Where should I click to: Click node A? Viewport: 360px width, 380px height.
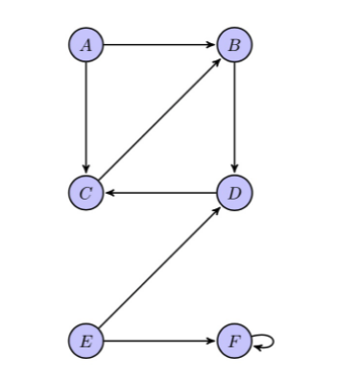tap(86, 44)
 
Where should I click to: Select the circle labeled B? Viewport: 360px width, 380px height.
tap(235, 44)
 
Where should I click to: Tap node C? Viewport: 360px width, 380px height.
tap(86, 192)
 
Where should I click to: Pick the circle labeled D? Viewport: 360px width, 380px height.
tap(235, 192)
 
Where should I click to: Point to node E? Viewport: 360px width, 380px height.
tap(86, 340)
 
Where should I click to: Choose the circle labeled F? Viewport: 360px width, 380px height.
tap(235, 340)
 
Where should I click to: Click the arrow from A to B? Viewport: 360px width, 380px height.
tap(160, 44)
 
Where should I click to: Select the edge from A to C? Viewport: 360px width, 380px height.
tap(86, 118)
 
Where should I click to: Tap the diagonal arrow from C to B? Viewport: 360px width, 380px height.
tap(160, 118)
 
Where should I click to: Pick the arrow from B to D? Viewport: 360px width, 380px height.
tap(235, 118)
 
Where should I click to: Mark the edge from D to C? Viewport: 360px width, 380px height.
tap(160, 192)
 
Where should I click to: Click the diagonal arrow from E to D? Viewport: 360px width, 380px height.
tap(160, 266)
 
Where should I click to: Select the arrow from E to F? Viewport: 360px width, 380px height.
tap(160, 340)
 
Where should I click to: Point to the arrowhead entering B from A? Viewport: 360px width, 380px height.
tap(213, 44)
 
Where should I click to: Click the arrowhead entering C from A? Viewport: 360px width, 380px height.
tap(86, 170)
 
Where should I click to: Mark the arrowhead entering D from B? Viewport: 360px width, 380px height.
tap(235, 170)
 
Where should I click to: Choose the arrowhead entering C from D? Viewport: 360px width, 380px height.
tap(108, 192)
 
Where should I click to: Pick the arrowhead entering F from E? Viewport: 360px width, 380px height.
tap(213, 340)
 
